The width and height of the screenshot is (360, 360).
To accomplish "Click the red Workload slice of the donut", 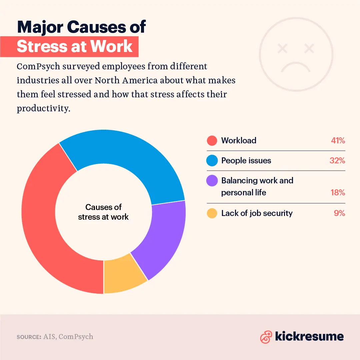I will click(x=43, y=227).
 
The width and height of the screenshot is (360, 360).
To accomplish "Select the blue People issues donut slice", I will click(x=130, y=153).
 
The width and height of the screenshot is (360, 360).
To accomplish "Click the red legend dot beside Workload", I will click(x=212, y=140).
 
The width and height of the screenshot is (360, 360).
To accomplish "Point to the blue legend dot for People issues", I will click(x=212, y=160).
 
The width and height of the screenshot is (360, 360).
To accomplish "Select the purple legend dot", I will click(x=212, y=181).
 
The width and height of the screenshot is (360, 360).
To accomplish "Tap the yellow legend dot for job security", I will click(x=212, y=213).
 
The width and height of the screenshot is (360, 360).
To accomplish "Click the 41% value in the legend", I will click(x=338, y=140).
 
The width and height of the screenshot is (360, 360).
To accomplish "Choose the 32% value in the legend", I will click(x=337, y=160).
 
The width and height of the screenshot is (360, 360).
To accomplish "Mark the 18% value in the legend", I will click(x=337, y=193).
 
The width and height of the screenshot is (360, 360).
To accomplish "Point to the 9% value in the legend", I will click(x=339, y=213).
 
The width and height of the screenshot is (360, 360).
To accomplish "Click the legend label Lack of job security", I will click(x=257, y=213).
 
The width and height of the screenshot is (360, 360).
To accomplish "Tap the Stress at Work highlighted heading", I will click(x=75, y=46).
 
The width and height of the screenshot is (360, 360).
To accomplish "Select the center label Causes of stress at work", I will click(x=103, y=212).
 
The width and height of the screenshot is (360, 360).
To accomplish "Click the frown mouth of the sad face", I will click(x=296, y=66).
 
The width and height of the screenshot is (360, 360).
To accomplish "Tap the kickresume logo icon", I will click(x=266, y=337).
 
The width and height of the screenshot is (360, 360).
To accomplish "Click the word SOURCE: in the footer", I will click(x=29, y=337).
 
